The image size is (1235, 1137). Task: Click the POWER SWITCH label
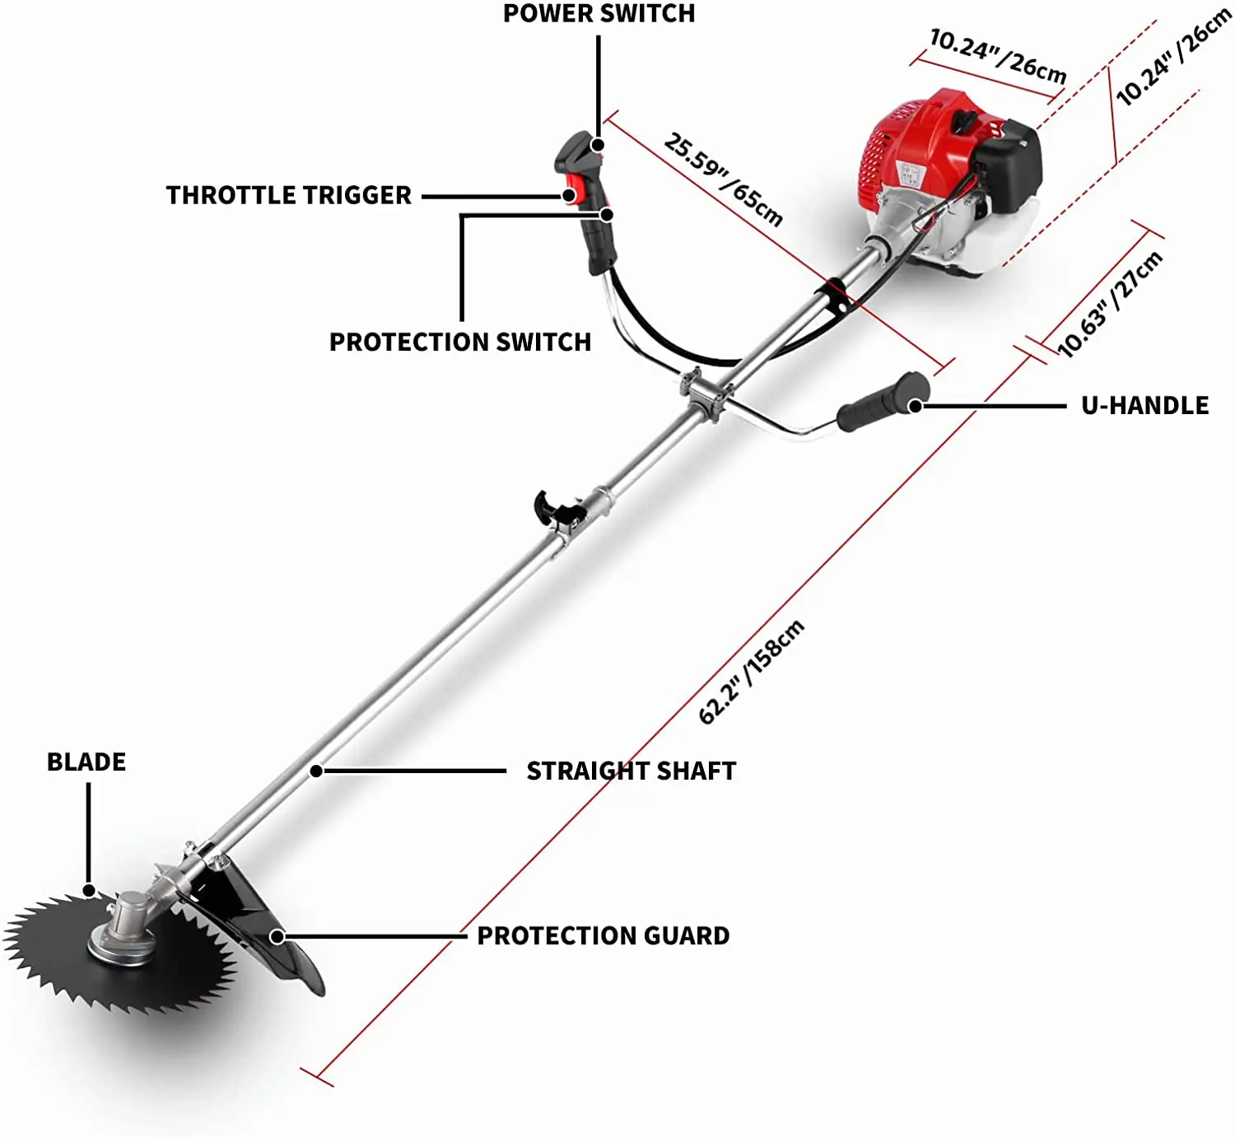pyautogui.click(x=599, y=14)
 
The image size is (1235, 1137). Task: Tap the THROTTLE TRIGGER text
pyautogui.click(x=288, y=195)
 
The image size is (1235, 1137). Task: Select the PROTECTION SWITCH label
pyautogui.click(x=460, y=342)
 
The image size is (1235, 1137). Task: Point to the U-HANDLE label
pyautogui.click(x=1144, y=405)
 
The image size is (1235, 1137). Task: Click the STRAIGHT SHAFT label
pyautogui.click(x=631, y=771)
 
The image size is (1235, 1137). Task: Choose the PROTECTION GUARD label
pyautogui.click(x=603, y=935)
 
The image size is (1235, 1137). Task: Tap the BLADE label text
pyautogui.click(x=86, y=762)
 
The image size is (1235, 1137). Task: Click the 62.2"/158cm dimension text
pyautogui.click(x=750, y=672)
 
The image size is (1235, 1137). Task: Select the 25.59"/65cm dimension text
pyautogui.click(x=723, y=179)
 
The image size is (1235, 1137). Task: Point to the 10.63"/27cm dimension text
pyautogui.click(x=1109, y=305)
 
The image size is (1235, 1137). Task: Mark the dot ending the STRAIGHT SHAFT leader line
pyautogui.click(x=316, y=771)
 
